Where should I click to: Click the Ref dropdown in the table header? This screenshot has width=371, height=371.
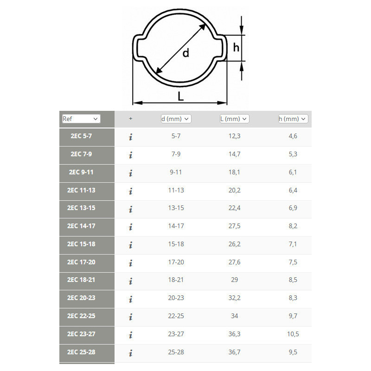[x=81, y=119]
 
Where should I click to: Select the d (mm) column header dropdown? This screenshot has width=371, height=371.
[x=176, y=119]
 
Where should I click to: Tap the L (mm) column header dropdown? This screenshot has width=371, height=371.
[x=234, y=119]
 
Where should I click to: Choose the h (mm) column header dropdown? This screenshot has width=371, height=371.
[x=293, y=119]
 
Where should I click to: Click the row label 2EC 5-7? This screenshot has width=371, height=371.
[x=81, y=136]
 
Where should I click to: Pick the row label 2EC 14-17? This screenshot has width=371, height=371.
[x=81, y=226]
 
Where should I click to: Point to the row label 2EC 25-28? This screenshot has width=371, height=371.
[x=81, y=352]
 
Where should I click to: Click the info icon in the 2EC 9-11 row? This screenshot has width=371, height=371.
[x=131, y=173]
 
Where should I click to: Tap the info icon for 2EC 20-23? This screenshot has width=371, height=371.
[x=131, y=299]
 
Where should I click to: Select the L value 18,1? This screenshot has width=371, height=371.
[x=234, y=172]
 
